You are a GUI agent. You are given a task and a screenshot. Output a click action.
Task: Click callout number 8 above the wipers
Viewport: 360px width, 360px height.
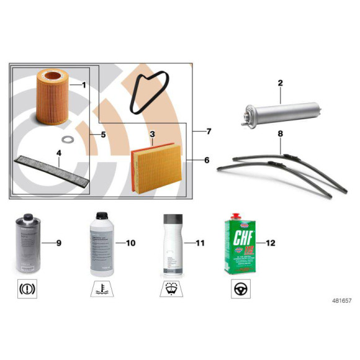[x=281, y=133]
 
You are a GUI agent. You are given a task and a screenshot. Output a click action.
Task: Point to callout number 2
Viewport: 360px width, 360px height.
[x=281, y=83]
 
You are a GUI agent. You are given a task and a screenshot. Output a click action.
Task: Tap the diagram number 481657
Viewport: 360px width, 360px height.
[x=338, y=300]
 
